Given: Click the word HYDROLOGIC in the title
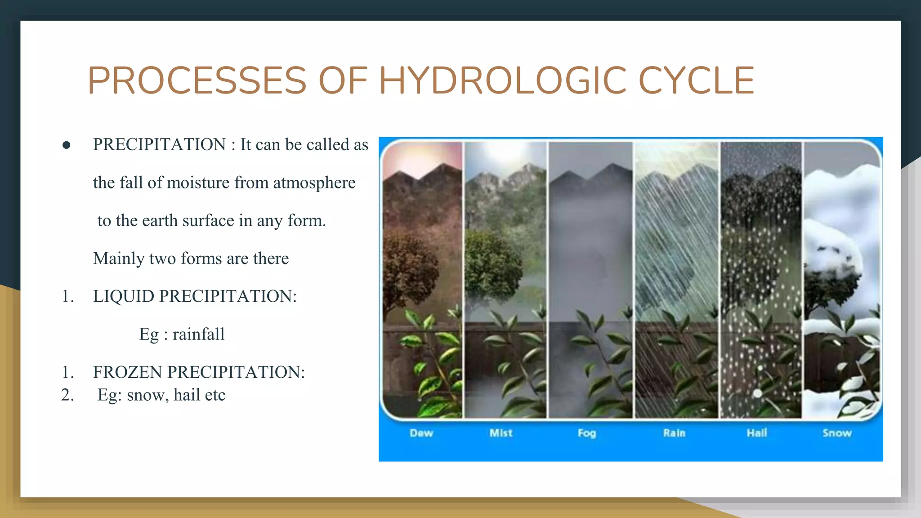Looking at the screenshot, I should point(503,81).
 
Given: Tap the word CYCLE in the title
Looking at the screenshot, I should point(696,81).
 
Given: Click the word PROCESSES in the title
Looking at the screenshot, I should point(197,81).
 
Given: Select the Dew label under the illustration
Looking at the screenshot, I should point(421,433).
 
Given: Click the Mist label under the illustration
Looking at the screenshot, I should point(501,433).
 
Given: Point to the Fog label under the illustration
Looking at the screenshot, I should point(587,433).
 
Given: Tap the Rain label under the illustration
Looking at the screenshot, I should point(674,433).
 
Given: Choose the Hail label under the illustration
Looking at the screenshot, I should point(757,433).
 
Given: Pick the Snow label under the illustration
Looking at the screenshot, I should point(837,433).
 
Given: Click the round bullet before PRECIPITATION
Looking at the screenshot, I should point(67,145).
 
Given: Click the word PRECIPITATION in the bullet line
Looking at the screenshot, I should point(159,145).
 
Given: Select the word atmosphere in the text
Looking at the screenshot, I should point(314,183).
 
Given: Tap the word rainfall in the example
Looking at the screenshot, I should point(198,335).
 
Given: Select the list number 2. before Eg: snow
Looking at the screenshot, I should point(67,395).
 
